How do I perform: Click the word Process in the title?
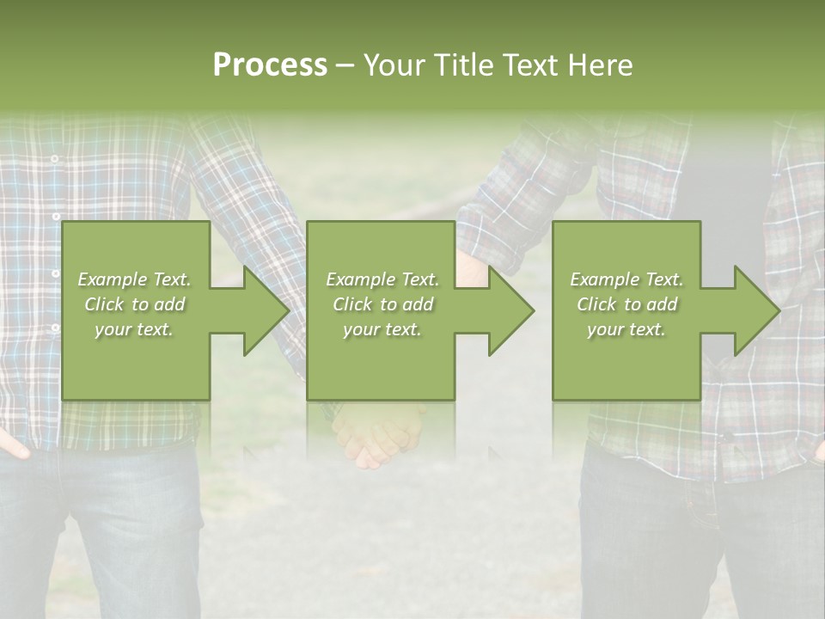(270, 65)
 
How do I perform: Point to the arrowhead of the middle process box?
(510, 310)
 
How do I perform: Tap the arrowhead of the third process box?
(755, 310)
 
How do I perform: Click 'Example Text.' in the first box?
(134, 279)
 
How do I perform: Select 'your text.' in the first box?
(134, 329)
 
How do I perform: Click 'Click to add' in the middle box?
(382, 304)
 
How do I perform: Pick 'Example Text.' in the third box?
(626, 279)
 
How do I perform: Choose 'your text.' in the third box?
(626, 329)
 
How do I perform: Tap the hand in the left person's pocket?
(12, 443)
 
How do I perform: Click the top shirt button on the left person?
(54, 159)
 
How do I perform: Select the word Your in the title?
(394, 65)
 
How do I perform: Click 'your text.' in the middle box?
(382, 329)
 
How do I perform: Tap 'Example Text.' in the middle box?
(382, 279)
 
